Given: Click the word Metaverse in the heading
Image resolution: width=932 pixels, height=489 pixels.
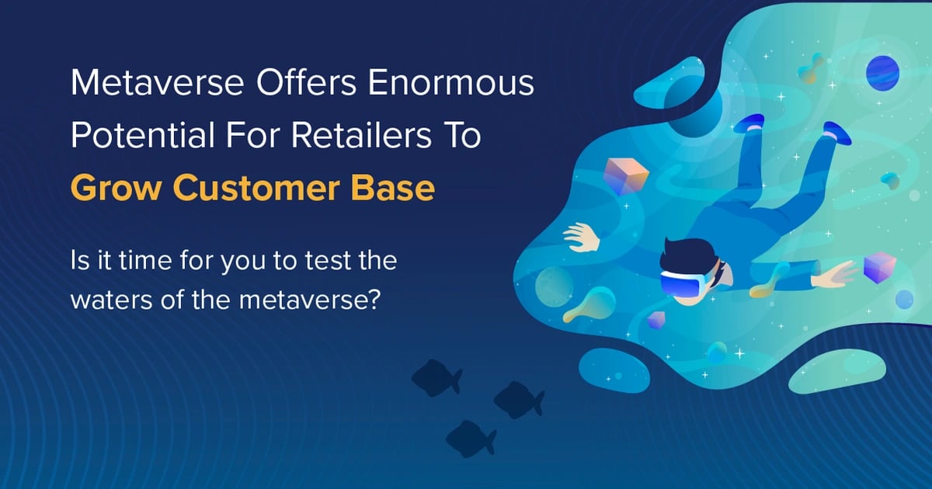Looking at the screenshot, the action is (157, 82).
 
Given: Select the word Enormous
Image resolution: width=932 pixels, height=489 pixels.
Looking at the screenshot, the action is (450, 82).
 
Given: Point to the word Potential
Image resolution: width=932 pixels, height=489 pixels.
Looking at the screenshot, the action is (143, 135).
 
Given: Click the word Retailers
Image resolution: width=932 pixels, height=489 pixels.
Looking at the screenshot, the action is (361, 135).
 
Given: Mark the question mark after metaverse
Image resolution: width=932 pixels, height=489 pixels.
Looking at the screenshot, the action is (374, 298).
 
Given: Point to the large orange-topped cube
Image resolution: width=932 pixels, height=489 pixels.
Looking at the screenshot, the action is (626, 176).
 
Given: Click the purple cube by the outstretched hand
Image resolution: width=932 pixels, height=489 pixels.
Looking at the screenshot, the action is (879, 268).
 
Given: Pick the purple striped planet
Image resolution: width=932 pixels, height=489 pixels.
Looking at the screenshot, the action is (882, 73).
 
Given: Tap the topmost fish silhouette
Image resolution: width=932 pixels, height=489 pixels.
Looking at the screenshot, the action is (436, 377).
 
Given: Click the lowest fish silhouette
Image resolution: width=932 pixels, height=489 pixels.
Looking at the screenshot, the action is (471, 439).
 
